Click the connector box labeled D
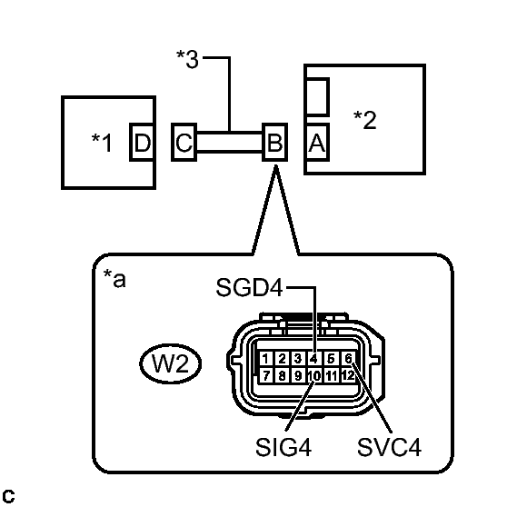(142, 143)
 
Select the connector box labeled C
(184, 143)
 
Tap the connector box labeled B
(273, 143)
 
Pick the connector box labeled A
(316, 143)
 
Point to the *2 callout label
(364, 119)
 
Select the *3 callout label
(188, 60)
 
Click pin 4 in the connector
(313, 358)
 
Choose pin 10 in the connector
(313, 374)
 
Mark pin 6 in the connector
(346, 358)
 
